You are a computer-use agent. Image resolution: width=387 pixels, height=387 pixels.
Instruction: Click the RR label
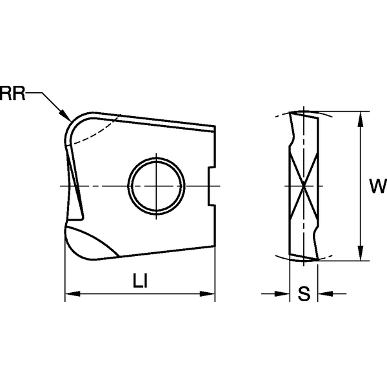[x=12, y=94]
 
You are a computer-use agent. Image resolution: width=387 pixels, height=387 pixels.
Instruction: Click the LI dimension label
[x=140, y=281]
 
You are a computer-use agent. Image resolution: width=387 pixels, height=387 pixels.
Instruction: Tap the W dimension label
[x=378, y=186]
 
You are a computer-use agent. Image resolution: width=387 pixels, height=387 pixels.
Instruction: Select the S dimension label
[x=304, y=293]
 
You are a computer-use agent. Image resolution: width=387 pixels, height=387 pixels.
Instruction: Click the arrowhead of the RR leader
[x=66, y=116]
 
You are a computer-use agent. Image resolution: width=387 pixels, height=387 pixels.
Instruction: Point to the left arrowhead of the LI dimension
[x=73, y=293]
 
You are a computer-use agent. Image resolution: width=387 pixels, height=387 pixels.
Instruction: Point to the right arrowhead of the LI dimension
[x=207, y=293]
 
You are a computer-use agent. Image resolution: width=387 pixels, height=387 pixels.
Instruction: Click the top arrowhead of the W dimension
[x=361, y=119]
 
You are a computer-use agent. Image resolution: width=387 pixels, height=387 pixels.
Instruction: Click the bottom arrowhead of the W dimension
[x=361, y=253]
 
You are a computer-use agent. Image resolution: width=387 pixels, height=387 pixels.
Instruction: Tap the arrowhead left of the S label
[x=282, y=293]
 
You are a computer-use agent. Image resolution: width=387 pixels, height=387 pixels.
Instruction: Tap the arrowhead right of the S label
[x=325, y=293]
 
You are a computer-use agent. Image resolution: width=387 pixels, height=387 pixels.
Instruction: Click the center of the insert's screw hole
[x=157, y=186]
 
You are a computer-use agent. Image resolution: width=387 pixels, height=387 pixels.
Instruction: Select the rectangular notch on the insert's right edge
[x=212, y=186]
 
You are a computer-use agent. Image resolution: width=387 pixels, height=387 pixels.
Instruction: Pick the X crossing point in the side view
[x=304, y=186]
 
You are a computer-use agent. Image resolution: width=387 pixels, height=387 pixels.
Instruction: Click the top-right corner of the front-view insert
[x=215, y=126]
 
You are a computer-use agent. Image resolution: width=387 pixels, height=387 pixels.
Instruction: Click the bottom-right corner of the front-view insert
[x=215, y=246]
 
